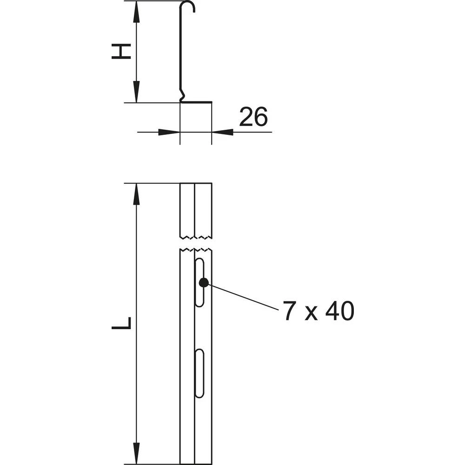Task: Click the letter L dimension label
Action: click(x=121, y=324)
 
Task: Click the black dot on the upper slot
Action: click(x=203, y=282)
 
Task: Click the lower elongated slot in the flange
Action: click(x=199, y=373)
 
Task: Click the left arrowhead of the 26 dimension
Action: click(x=168, y=132)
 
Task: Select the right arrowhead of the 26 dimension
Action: click(x=223, y=132)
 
